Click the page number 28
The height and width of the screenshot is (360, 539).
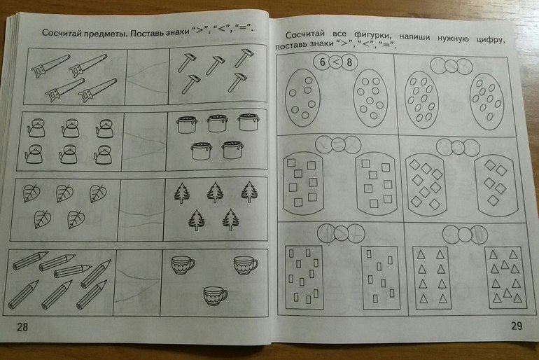click(x=22, y=326)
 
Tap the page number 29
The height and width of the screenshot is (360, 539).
click(x=517, y=326)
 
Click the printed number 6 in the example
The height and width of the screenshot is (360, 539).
click(x=322, y=62)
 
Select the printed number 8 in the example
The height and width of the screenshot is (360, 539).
click(x=349, y=62)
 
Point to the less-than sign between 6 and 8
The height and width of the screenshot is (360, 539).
click(x=336, y=62)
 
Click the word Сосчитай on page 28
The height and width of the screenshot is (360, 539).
click(x=60, y=33)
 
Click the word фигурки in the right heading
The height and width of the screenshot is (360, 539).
click(x=371, y=36)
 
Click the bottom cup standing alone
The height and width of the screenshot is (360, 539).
click(x=215, y=296)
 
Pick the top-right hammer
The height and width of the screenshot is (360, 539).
click(x=244, y=57)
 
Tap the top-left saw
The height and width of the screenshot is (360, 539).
click(x=50, y=65)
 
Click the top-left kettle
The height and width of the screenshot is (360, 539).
click(x=36, y=127)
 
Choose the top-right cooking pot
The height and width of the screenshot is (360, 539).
click(x=248, y=123)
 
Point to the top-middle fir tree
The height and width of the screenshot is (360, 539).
click(x=215, y=193)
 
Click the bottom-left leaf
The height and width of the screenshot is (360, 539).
click(x=43, y=219)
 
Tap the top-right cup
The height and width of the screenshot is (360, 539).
click(x=246, y=265)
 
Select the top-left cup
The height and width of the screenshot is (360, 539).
click(x=183, y=265)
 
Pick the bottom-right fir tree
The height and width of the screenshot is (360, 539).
click(x=231, y=220)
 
